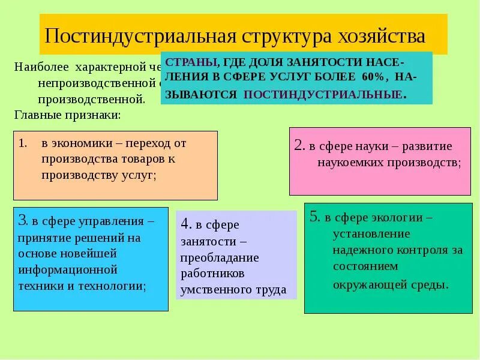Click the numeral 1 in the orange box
tap(22, 144)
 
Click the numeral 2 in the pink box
tap(299, 146)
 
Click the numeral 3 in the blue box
tap(22, 221)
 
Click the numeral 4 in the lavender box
tap(185, 224)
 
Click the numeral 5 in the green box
tap(314, 217)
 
